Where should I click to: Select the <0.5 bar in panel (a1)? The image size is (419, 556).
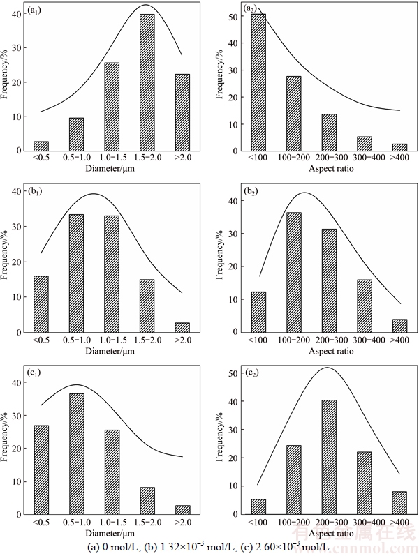point(41,146)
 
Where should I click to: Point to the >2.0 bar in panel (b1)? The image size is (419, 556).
point(182,327)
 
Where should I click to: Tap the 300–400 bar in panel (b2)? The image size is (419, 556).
point(363,306)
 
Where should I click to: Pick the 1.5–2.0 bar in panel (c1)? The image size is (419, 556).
point(147,501)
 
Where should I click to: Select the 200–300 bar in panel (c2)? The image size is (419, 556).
point(328,456)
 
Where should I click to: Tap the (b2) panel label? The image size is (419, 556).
point(251,190)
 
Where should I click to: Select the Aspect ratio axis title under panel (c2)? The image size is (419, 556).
point(328,532)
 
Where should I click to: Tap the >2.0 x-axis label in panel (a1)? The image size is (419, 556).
point(182,158)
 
